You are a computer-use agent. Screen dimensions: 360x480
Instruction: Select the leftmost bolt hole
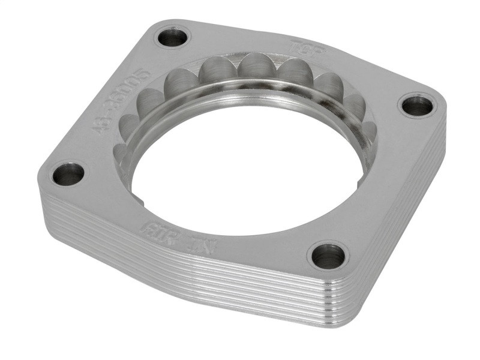68,174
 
